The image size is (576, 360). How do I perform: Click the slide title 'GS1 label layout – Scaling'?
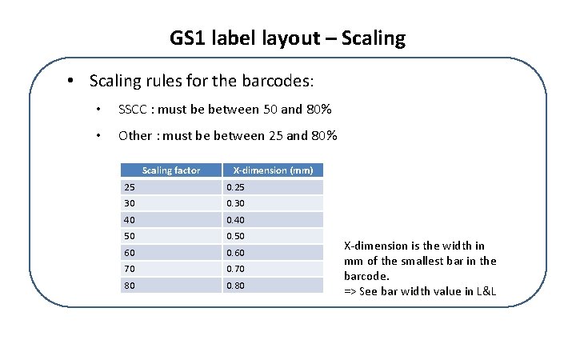tap(288, 38)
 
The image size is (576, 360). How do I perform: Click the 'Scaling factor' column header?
tap(171, 170)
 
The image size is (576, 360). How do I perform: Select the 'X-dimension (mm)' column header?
tap(273, 170)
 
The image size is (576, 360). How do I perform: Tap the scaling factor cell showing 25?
tap(171, 187)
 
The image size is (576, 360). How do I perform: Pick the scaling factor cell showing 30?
tap(171, 203)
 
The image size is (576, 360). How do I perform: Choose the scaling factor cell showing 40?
tap(171, 220)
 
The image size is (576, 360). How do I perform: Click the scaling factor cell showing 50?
tap(171, 236)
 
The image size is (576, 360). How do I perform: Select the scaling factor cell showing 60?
tap(171, 253)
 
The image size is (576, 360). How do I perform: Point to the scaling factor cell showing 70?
tap(171, 269)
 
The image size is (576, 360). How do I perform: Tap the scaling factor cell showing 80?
tap(171, 285)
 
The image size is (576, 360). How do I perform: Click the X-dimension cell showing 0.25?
tap(273, 187)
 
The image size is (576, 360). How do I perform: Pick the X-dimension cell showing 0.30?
tap(273, 203)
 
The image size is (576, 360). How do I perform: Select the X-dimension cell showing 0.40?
tap(273, 220)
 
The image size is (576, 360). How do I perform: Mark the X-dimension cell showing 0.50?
tap(273, 236)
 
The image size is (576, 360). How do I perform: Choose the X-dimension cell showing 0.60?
tap(273, 253)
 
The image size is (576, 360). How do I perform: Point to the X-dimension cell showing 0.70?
tap(273, 269)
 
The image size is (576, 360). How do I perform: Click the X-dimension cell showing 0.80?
tap(273, 285)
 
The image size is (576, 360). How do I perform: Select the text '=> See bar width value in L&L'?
tap(420, 290)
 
